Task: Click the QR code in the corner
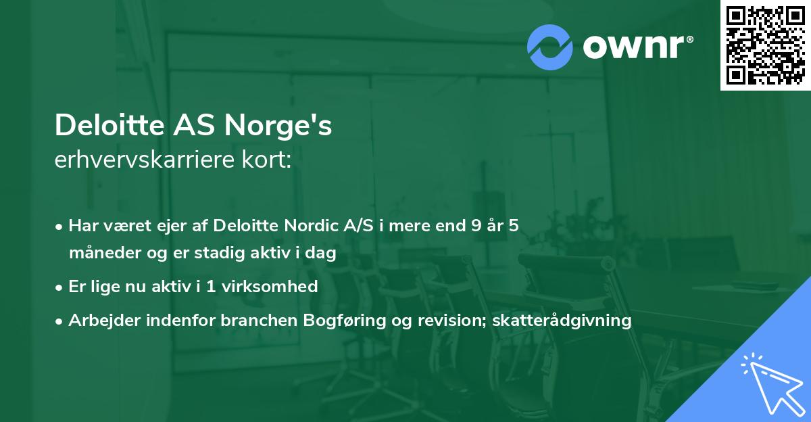click(765, 45)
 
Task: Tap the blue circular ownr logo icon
click(550, 47)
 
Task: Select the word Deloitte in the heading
click(100, 126)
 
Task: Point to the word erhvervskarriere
click(142, 160)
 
